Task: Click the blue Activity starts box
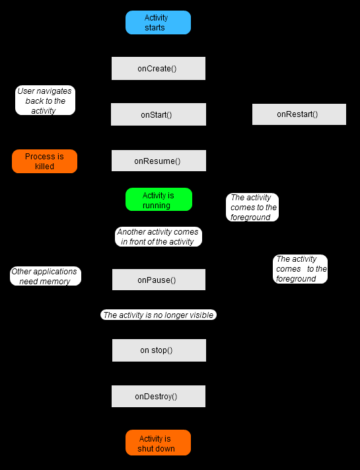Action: (x=158, y=22)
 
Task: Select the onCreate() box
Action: (x=159, y=68)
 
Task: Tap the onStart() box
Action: (x=159, y=114)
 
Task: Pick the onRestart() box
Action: (x=299, y=114)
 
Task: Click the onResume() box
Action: (x=159, y=161)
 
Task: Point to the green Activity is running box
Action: (x=159, y=200)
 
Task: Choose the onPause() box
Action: (x=159, y=280)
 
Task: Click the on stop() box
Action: (x=159, y=350)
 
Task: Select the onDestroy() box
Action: (x=159, y=396)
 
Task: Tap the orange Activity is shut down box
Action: (x=158, y=443)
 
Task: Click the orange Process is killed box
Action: (x=45, y=161)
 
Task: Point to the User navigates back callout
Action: (x=45, y=100)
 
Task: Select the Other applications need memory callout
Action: (x=46, y=276)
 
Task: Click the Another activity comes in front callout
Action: (x=159, y=237)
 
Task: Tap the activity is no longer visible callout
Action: (x=159, y=315)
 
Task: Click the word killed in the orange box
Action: (x=44, y=167)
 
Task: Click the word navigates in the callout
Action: (x=55, y=91)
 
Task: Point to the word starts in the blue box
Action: (x=155, y=28)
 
